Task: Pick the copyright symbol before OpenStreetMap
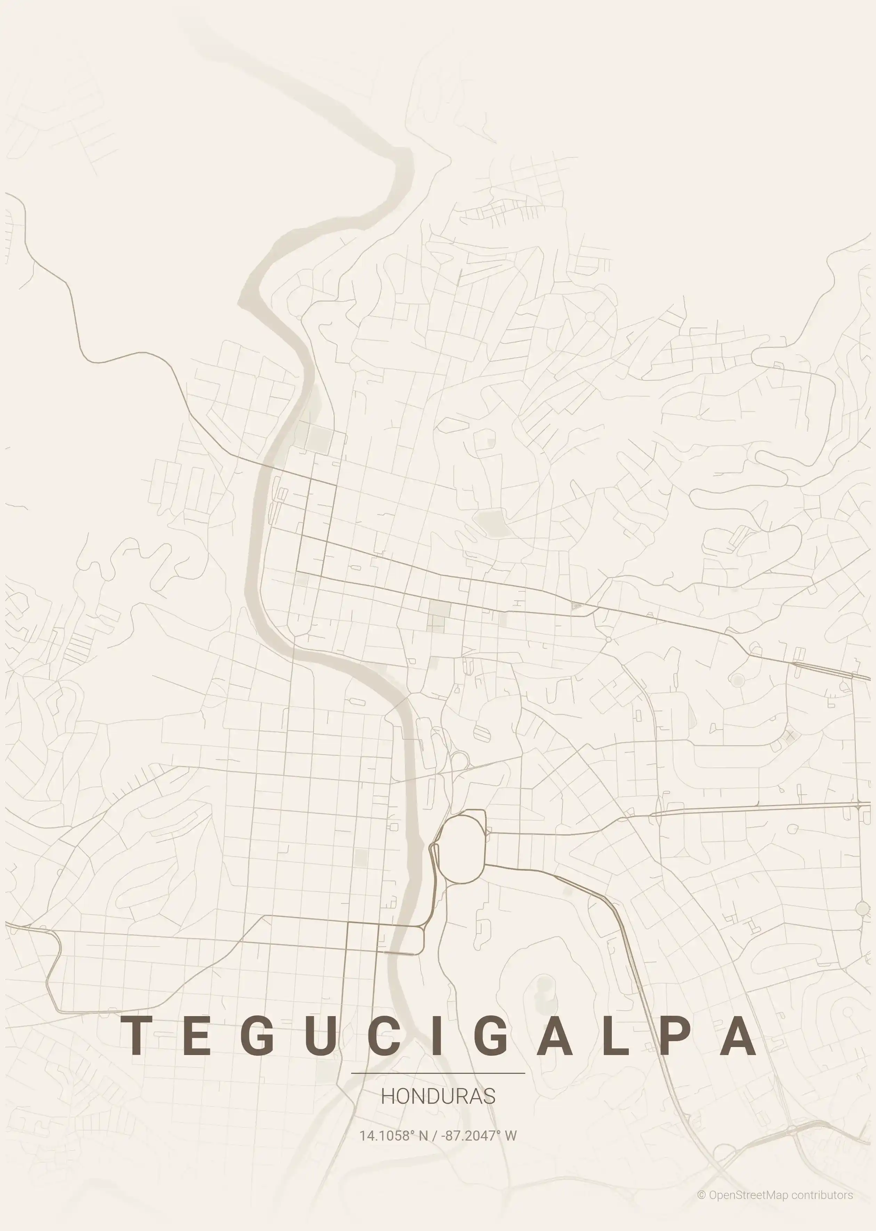(x=701, y=1195)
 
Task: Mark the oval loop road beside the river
(x=463, y=846)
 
